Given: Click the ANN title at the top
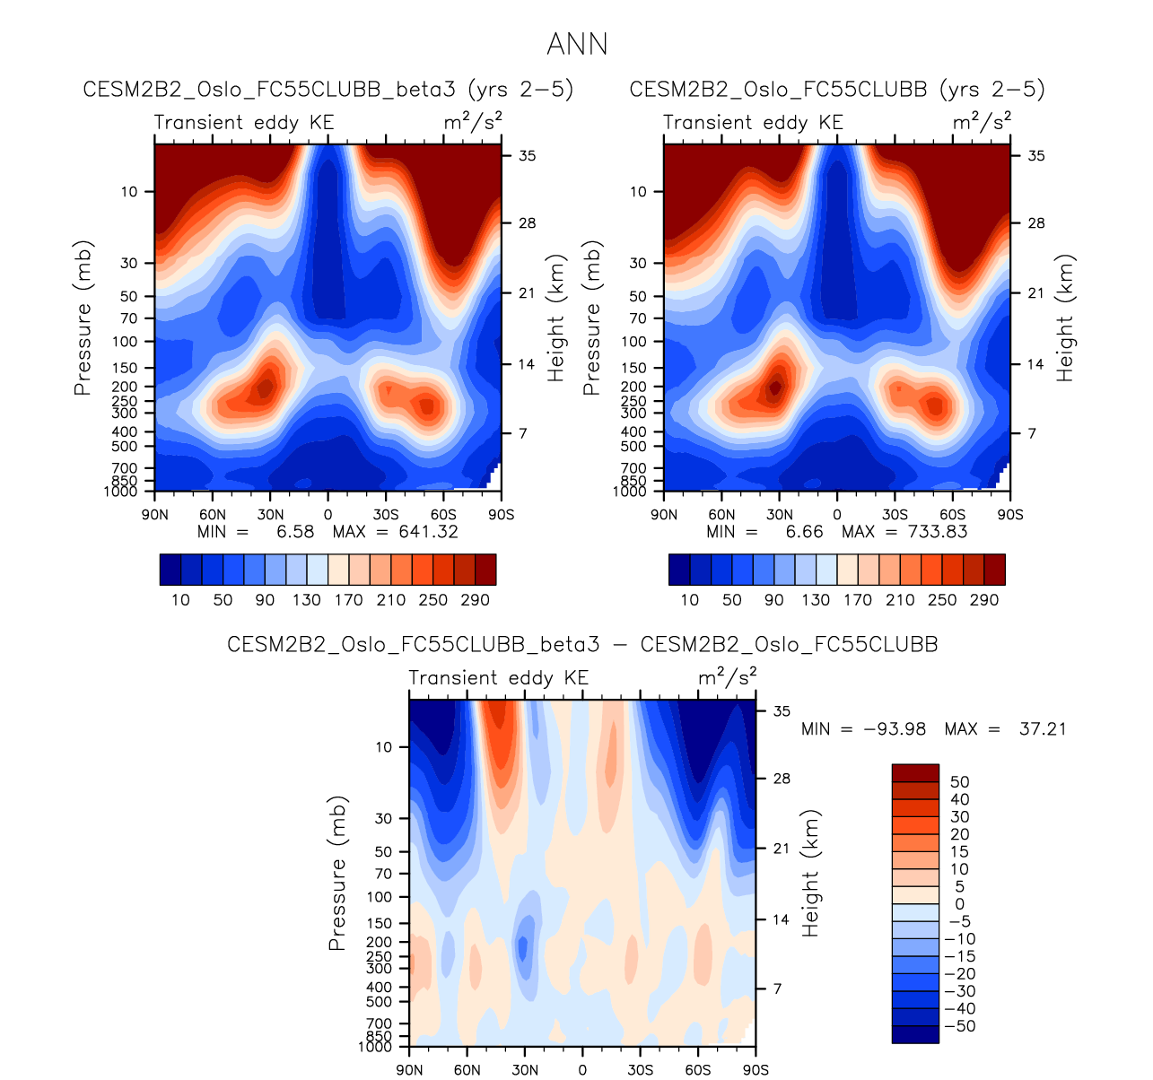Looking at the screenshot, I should (x=577, y=44).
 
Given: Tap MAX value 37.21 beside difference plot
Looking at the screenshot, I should (x=1043, y=728).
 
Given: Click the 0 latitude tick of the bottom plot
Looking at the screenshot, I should (x=582, y=1069).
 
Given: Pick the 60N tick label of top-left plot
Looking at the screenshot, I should (x=213, y=515).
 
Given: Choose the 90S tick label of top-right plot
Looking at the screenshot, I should (x=1010, y=515).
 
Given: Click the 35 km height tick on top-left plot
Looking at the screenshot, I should (x=527, y=155).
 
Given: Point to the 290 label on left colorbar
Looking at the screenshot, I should (x=475, y=599).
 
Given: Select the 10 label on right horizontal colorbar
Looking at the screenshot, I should (x=689, y=599).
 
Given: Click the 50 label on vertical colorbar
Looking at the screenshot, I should (x=959, y=782).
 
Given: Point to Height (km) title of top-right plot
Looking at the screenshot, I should (x=1065, y=318).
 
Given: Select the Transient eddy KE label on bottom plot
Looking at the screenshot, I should (x=499, y=678).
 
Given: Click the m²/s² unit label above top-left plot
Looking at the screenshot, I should (x=473, y=121).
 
